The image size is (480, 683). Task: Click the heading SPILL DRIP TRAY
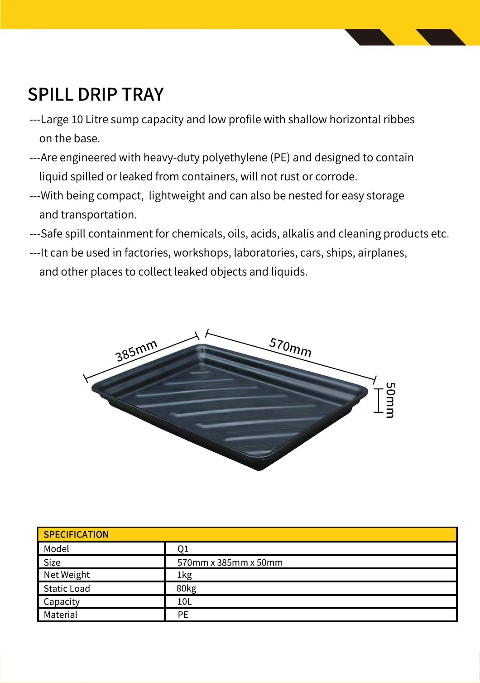click(x=96, y=94)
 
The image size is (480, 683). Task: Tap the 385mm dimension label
click(x=136, y=350)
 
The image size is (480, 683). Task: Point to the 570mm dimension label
click(x=290, y=347)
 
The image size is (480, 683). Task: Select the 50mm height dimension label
click(x=390, y=400)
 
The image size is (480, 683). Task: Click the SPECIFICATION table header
click(x=76, y=534)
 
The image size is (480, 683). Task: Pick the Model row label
click(x=57, y=549)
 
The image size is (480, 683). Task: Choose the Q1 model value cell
click(x=183, y=549)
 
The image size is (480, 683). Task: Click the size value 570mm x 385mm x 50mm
click(x=230, y=562)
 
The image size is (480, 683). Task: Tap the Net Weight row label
click(x=67, y=575)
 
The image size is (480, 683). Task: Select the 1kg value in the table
click(x=185, y=575)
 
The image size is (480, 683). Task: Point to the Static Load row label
click(x=67, y=589)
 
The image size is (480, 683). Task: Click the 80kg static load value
click(x=187, y=589)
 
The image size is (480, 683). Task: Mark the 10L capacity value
click(x=184, y=602)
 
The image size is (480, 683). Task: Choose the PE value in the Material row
click(x=183, y=615)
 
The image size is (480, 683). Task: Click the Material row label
click(x=61, y=615)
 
